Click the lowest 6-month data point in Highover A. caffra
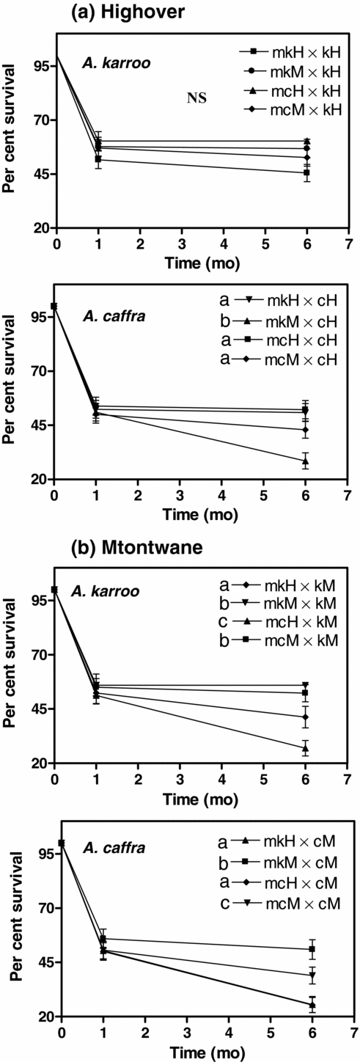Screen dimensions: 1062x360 pyautogui.click(x=305, y=461)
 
